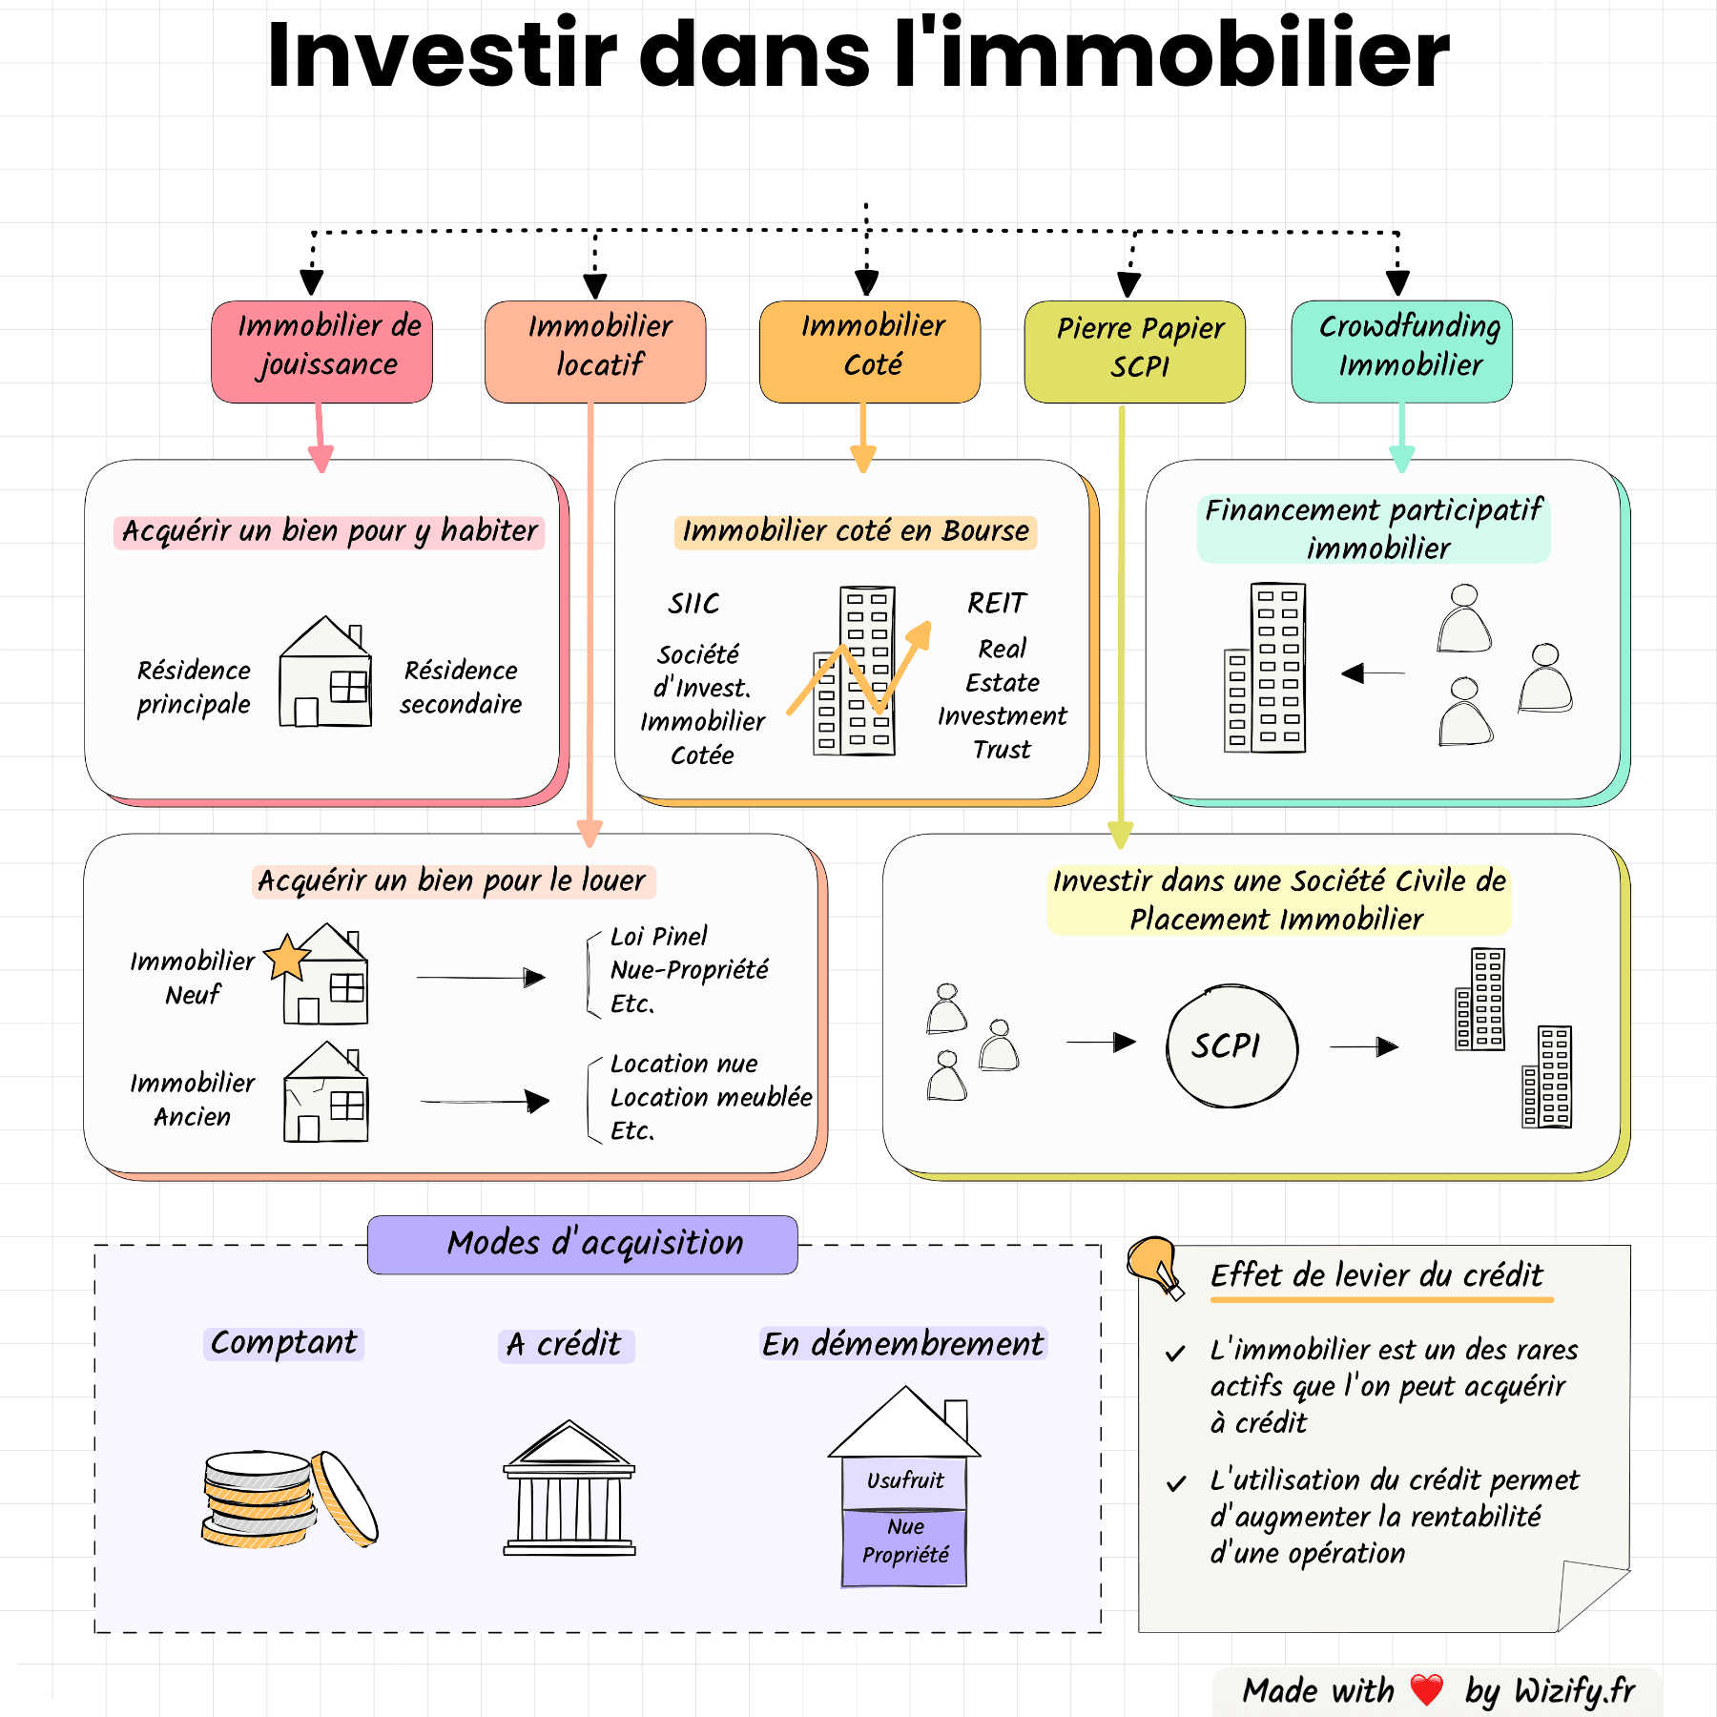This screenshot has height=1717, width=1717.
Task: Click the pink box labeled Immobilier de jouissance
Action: click(x=321, y=351)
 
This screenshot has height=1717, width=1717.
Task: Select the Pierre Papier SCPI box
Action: click(x=1134, y=351)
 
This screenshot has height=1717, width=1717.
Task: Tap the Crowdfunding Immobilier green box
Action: click(x=1401, y=351)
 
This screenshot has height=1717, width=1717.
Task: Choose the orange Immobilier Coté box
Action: click(x=869, y=351)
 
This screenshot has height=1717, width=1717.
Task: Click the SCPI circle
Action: click(x=1231, y=1046)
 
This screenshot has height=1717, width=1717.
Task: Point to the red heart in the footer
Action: click(x=1426, y=1689)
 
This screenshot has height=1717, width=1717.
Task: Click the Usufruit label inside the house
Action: click(x=904, y=1480)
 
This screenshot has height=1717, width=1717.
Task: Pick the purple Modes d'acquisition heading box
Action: click(x=583, y=1244)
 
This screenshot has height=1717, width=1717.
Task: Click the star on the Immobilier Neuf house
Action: click(x=287, y=957)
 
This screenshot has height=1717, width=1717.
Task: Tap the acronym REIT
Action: click(x=997, y=603)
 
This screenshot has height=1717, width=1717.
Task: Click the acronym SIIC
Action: click(x=693, y=604)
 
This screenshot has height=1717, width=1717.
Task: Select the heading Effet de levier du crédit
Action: click(x=1376, y=1275)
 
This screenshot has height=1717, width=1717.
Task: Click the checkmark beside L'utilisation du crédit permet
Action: click(x=1176, y=1483)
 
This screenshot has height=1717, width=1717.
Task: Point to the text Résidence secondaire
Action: click(x=461, y=687)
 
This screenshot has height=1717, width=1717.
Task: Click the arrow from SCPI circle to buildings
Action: click(x=1364, y=1047)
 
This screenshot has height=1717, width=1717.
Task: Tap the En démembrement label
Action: click(x=902, y=1344)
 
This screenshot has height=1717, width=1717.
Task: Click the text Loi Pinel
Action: click(x=659, y=936)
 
